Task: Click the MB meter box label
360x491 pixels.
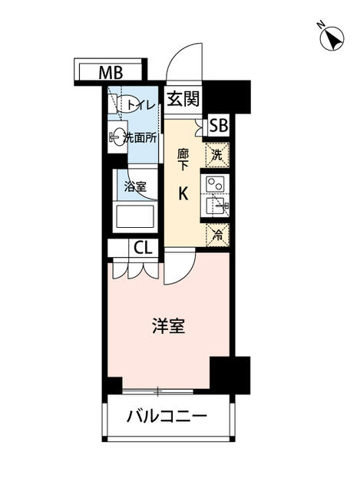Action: (111, 74)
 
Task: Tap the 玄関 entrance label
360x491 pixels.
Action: (183, 99)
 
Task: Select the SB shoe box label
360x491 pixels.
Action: (219, 126)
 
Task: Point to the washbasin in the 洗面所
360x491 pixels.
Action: (117, 137)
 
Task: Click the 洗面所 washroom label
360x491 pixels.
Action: (140, 138)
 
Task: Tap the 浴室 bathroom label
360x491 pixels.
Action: (135, 186)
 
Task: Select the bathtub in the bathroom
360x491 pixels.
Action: (135, 216)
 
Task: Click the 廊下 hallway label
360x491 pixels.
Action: (183, 160)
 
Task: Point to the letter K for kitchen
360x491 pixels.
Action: (183, 193)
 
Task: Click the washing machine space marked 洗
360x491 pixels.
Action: (217, 155)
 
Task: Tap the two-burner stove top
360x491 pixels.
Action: (215, 184)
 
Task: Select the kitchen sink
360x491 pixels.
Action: (218, 205)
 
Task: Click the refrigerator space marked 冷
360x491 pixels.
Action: (217, 236)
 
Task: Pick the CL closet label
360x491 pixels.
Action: (143, 247)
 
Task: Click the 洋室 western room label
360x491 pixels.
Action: (169, 325)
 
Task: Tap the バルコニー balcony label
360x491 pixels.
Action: (167, 416)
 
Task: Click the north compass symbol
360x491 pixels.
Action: (332, 38)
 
